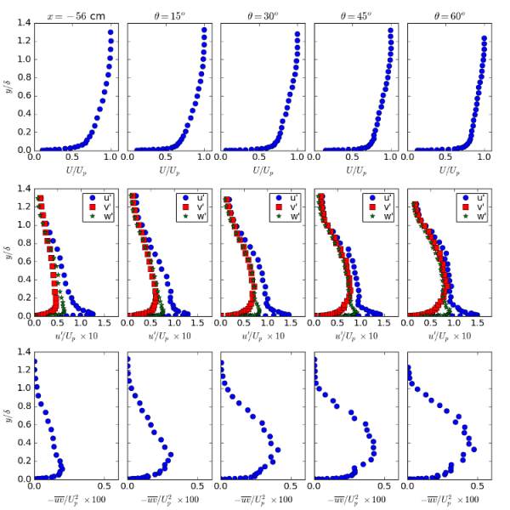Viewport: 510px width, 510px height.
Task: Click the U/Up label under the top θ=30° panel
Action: pos(259,171)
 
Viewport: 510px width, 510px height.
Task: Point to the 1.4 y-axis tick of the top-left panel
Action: pos(25,22)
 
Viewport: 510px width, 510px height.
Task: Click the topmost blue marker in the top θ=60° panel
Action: pos(484,38)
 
